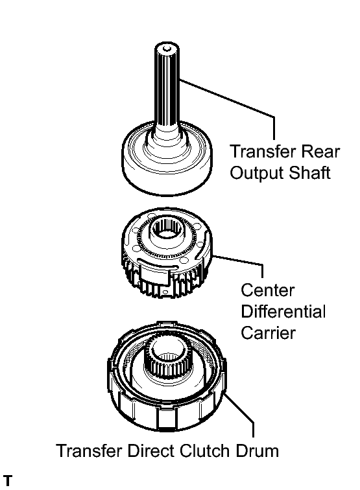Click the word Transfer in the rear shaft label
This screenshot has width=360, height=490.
(260, 152)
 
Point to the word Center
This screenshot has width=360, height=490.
(267, 290)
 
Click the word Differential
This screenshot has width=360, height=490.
(283, 311)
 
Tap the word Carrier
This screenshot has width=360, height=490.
(268, 332)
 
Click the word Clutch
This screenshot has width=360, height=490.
(204, 451)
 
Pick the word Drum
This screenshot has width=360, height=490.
(256, 451)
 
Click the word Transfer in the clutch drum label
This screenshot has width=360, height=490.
(89, 451)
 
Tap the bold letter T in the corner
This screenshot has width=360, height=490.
(8, 481)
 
